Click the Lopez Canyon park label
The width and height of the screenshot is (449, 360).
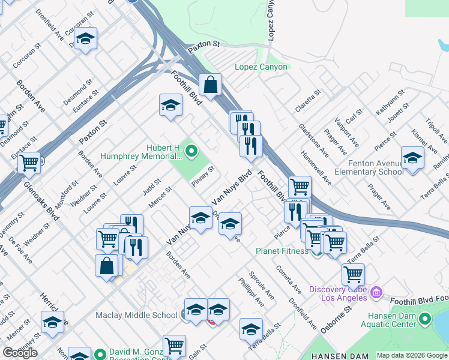click(x=261, y=67)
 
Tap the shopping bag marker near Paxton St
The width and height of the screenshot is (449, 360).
click(x=211, y=85)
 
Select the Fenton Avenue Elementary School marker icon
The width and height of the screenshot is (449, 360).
click(x=412, y=158)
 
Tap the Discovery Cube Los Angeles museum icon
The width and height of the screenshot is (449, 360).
click(x=376, y=293)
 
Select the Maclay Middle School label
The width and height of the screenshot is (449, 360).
click(x=136, y=315)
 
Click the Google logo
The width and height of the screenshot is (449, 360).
click(x=20, y=353)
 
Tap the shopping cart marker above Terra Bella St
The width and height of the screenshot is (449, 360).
click(x=353, y=275)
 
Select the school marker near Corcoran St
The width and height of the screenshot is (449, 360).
click(x=86, y=40)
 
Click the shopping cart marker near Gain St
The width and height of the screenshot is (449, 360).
click(x=174, y=346)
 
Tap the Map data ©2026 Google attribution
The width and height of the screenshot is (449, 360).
click(x=412, y=355)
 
